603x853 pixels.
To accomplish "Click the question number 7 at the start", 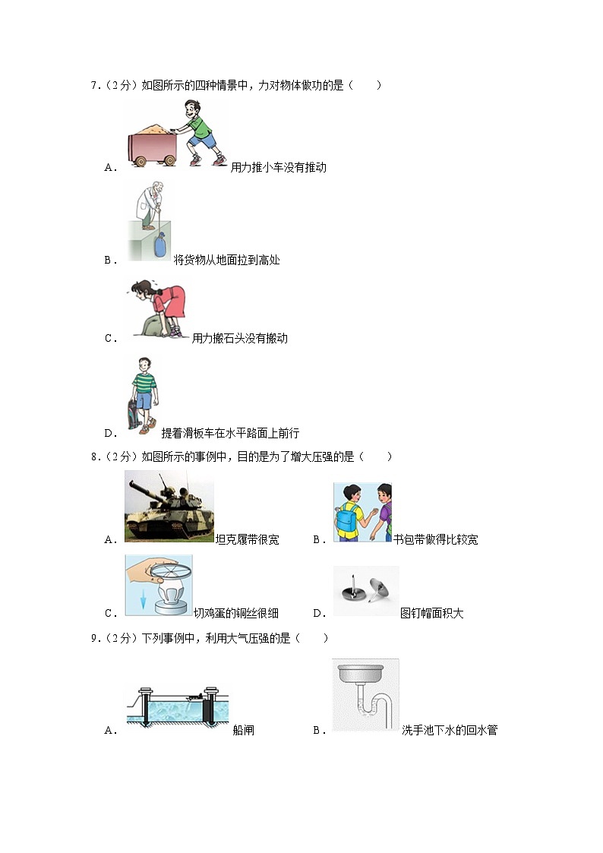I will pos(93,86).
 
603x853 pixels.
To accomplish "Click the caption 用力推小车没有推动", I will pos(278,167).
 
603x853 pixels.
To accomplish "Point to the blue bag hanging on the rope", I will pos(159,247).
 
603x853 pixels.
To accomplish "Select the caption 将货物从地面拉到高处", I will pos(226,260).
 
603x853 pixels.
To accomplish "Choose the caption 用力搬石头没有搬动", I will pos(239,338).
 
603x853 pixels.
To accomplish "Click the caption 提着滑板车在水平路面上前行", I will pos(230,433).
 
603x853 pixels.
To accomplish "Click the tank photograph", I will pos(169,505).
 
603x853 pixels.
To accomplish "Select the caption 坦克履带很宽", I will pos(247,539).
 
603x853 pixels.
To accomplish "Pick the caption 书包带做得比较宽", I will pos(435,539).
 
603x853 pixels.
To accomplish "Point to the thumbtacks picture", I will pos(365,591).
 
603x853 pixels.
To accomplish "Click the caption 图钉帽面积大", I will pos(431,613).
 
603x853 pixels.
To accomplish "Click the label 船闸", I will pos(243,730).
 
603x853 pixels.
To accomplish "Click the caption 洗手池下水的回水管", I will pos(449,730).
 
